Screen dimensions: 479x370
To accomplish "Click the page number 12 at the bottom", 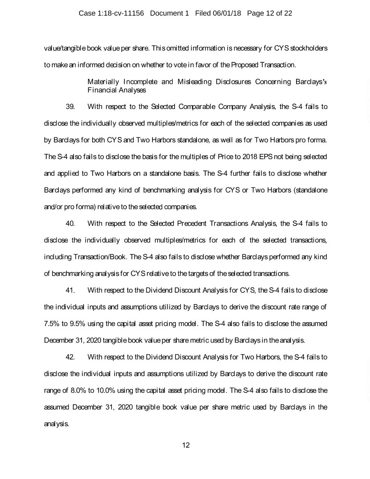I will pyautogui.click(x=186, y=445).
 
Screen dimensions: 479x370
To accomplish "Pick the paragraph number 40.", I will pyautogui.click(x=71, y=223).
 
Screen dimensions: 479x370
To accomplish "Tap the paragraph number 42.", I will pyautogui.click(x=71, y=357).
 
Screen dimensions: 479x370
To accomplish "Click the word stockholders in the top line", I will pyautogui.click(x=308, y=48).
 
